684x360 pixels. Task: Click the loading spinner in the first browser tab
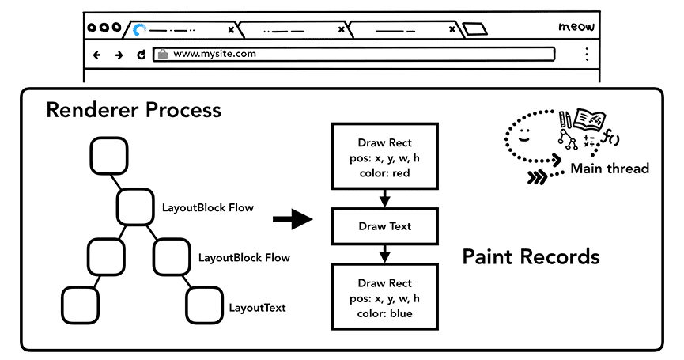(140, 30)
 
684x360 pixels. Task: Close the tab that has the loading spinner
(231, 30)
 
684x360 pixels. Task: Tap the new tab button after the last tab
(474, 30)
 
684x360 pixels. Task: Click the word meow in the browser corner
(576, 27)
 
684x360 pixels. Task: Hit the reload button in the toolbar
(142, 55)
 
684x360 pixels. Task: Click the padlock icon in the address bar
(162, 55)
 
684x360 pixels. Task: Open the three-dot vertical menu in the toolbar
(586, 55)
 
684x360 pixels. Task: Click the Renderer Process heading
(134, 109)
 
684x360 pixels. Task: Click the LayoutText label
(257, 308)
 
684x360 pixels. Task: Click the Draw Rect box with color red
(384, 156)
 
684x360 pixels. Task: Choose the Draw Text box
(384, 226)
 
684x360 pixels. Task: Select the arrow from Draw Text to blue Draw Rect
(384, 254)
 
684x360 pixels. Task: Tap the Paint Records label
(531, 257)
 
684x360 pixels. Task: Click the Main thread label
(609, 168)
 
